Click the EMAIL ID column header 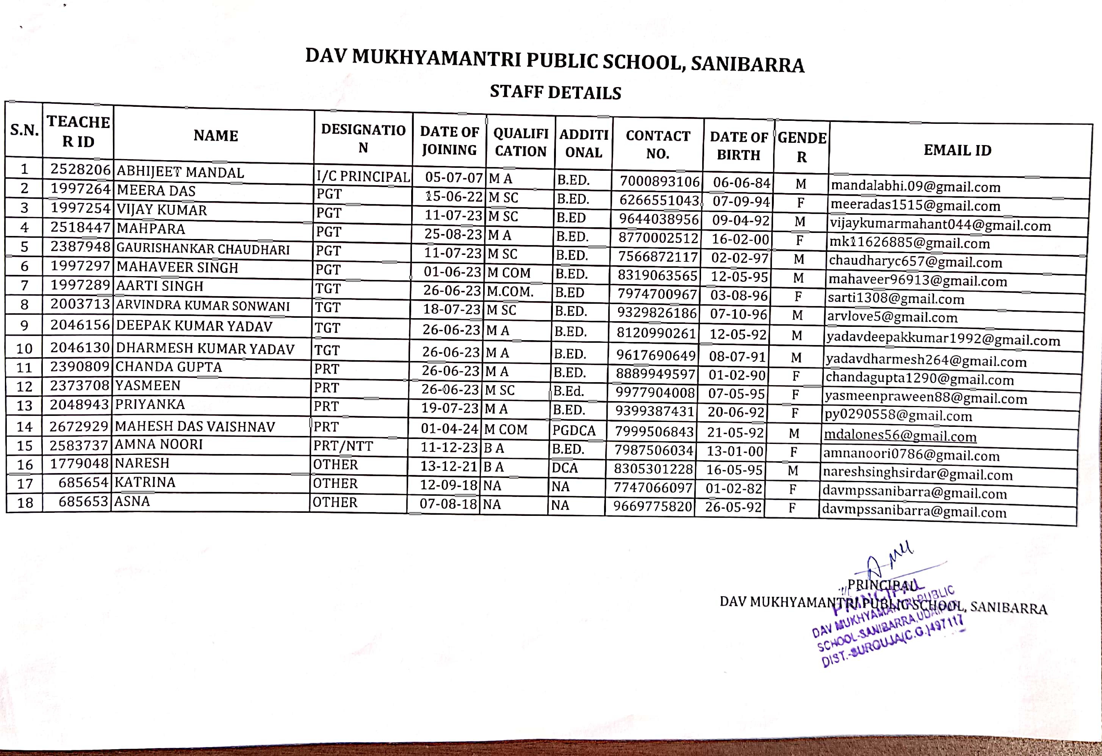coord(957,150)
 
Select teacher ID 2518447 coord(80,228)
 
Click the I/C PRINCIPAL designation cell coord(363,177)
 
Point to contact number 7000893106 coord(659,181)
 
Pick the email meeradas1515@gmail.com coord(915,206)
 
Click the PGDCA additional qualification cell coord(574,430)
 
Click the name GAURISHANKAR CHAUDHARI coord(203,249)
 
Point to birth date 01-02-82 coord(734,488)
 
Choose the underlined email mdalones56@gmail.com coord(900,435)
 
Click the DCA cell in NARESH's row coord(565,468)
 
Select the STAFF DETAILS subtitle coord(555,92)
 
